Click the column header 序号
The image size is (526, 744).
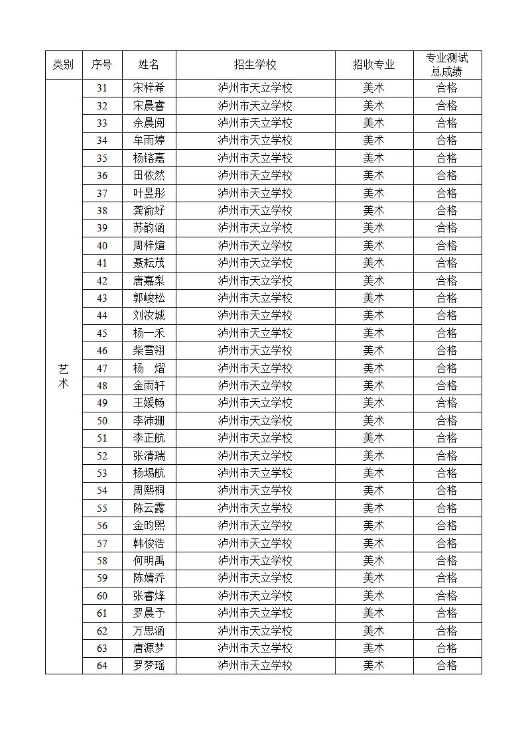tap(102, 64)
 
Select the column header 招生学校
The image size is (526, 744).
tap(255, 64)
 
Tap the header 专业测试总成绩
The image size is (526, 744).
tap(447, 64)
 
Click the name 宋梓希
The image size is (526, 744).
tap(149, 88)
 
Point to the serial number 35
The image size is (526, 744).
tap(102, 158)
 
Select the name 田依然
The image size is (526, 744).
tap(149, 175)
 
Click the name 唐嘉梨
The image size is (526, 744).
tap(149, 280)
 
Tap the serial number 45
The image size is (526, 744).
tap(102, 333)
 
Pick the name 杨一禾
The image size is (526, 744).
tap(149, 333)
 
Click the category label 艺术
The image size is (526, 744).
tap(63, 376)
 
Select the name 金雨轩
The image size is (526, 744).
tap(149, 385)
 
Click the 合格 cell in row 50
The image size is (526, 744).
tap(447, 420)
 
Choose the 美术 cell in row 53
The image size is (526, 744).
tap(373, 473)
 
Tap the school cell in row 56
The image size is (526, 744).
tap(255, 525)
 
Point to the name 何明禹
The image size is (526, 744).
tap(149, 560)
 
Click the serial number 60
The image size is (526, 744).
tap(102, 595)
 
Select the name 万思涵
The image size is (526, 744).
tap(149, 631)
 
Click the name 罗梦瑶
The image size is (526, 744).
tap(149, 665)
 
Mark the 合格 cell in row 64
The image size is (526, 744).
tap(447, 665)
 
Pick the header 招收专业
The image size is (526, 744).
tap(373, 64)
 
